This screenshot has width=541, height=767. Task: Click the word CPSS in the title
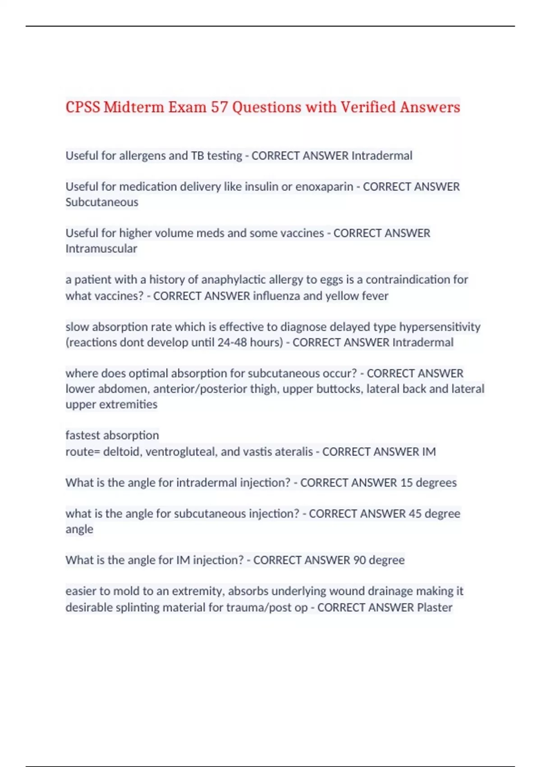pos(83,107)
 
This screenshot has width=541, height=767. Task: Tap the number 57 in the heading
pos(220,107)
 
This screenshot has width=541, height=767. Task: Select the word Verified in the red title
pos(368,107)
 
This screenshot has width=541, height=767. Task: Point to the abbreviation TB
pos(197,156)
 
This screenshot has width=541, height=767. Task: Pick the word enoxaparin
pos(324,187)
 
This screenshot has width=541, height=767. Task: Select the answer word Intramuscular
pos(101,249)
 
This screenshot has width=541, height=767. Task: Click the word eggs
pos(331,280)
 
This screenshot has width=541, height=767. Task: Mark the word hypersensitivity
pos(440,327)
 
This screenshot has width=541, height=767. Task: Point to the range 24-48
pos(232,342)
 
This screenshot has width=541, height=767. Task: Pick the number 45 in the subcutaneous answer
pos(415,514)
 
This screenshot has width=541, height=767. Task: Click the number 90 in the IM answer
pos(359,560)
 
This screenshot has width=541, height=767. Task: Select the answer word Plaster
pos(435,608)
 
